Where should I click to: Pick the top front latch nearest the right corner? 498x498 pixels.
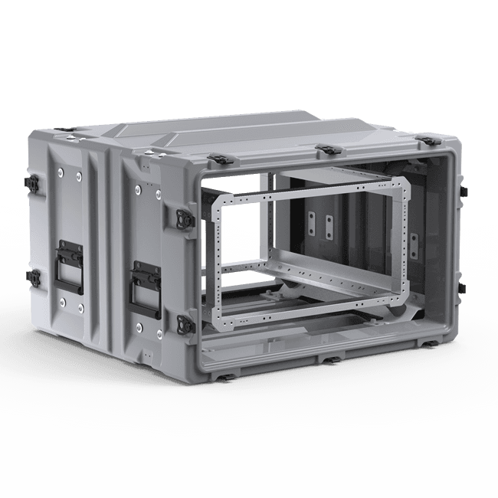pyautogui.click(x=422, y=140)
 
